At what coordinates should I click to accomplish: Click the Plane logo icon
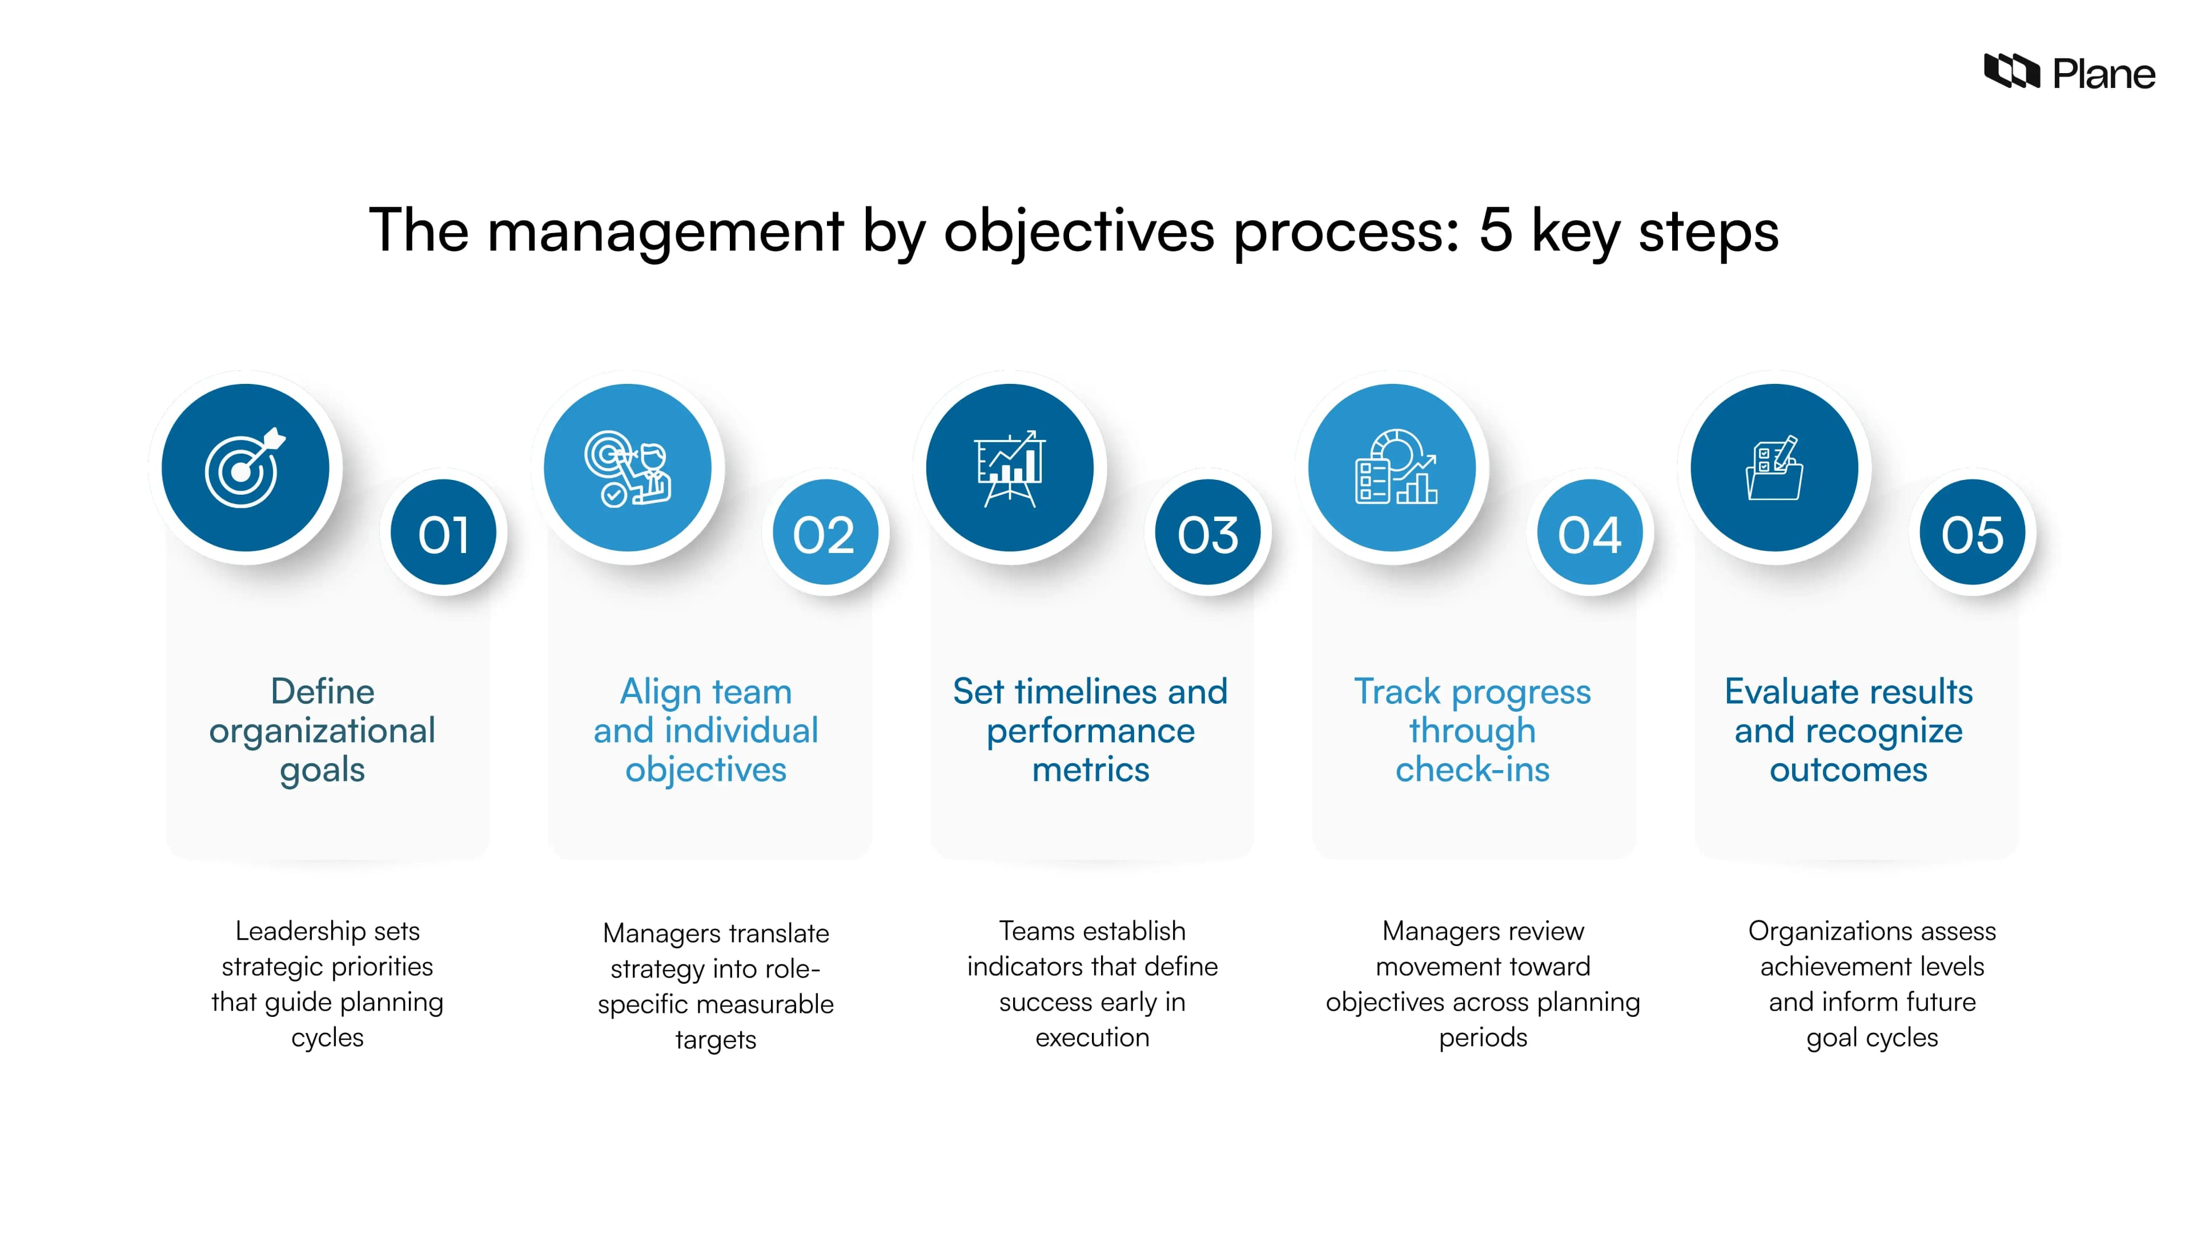(2011, 71)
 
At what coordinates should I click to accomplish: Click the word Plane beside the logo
(2103, 74)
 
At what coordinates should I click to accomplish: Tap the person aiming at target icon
(628, 468)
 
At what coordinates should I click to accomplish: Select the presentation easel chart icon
(1010, 468)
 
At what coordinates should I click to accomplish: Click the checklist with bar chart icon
(1395, 468)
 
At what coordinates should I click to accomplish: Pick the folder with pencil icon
(1774, 468)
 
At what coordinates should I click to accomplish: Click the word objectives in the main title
(1079, 231)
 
